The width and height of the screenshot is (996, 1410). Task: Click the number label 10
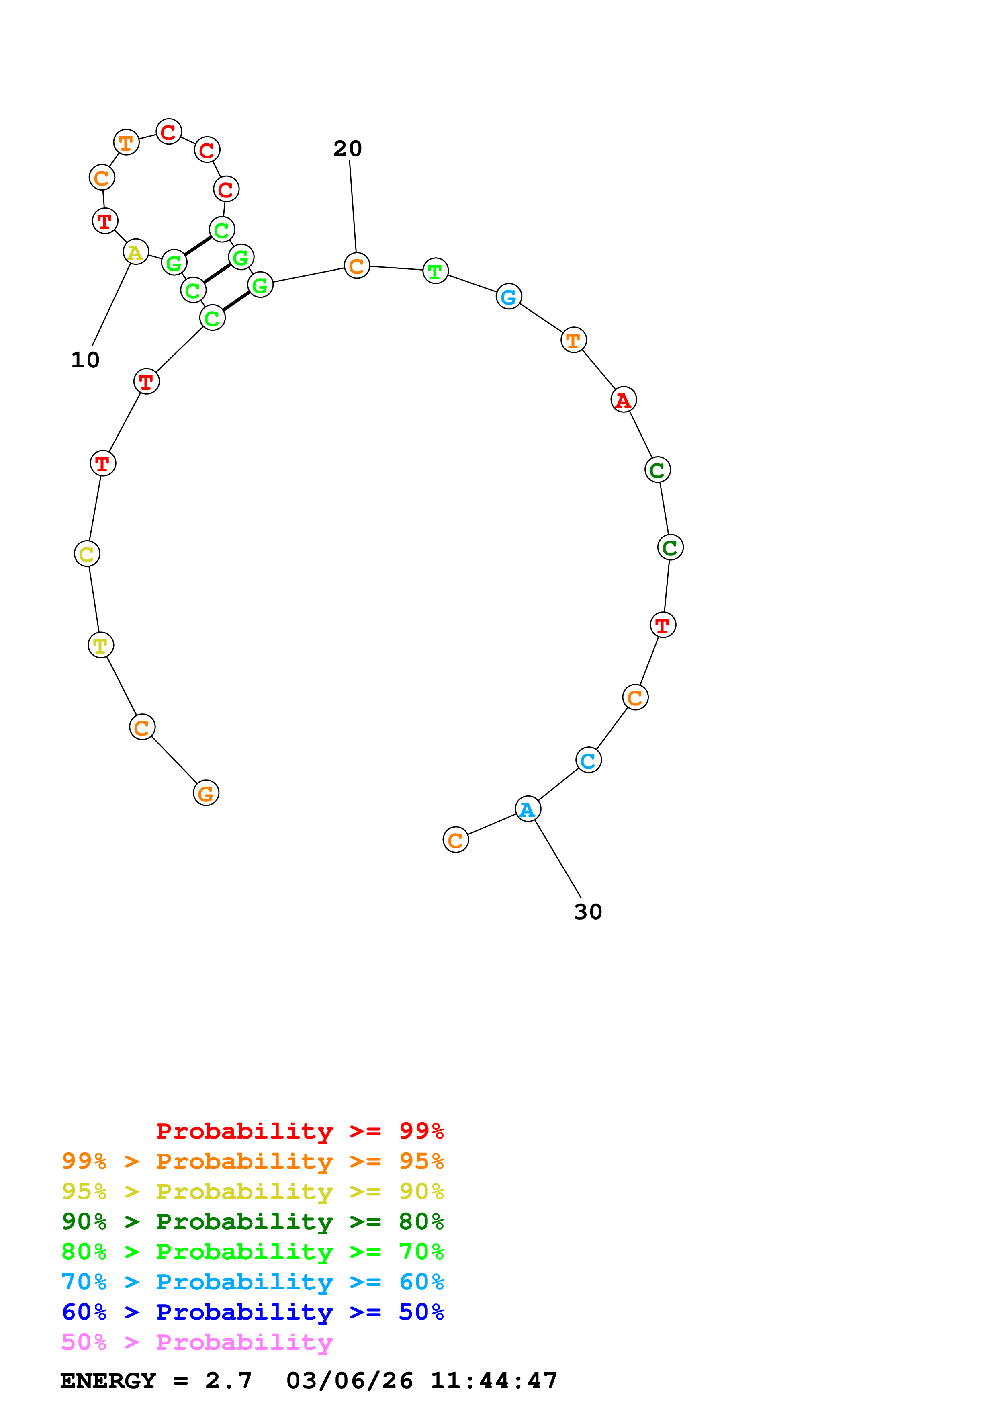[85, 360]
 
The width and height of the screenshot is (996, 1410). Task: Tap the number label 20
[348, 149]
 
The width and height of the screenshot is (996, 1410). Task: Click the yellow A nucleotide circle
[136, 252]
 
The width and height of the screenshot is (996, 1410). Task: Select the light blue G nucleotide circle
[508, 297]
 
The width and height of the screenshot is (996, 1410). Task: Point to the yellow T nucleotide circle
[100, 646]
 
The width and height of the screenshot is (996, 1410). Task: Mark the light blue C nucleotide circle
[588, 760]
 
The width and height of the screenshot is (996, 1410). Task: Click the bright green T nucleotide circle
[435, 271]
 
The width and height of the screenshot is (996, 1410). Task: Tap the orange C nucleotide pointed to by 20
[356, 266]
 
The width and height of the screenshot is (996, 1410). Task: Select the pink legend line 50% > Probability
[197, 1342]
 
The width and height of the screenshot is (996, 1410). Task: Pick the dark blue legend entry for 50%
[252, 1312]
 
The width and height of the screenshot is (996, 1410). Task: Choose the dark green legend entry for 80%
[252, 1221]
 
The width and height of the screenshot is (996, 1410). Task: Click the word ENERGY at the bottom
[108, 1381]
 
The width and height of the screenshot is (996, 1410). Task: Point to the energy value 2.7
[228, 1381]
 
